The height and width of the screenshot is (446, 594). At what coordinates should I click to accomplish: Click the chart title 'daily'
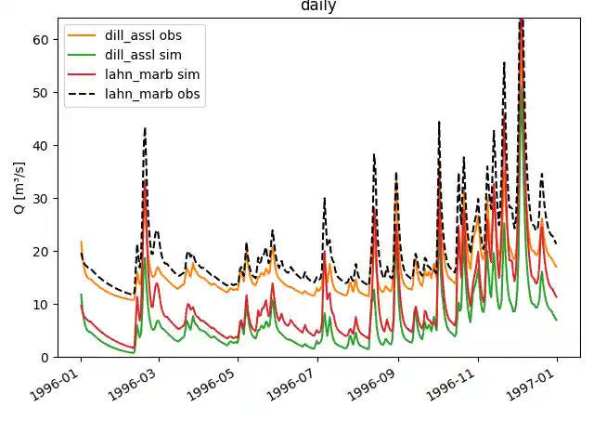pyautogui.click(x=318, y=7)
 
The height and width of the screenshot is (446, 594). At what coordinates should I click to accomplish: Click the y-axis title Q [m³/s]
pyautogui.click(x=19, y=188)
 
